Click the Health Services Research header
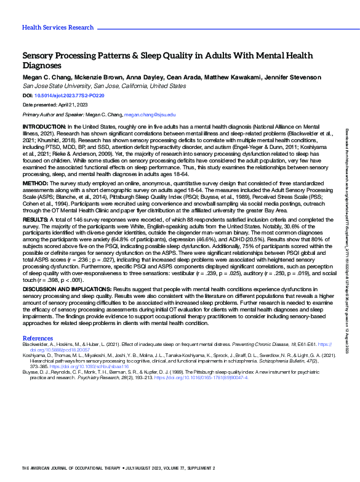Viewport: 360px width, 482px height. pos(58,28)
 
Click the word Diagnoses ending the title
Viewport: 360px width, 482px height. pos(43,65)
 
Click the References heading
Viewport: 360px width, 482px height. pos(38,339)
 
